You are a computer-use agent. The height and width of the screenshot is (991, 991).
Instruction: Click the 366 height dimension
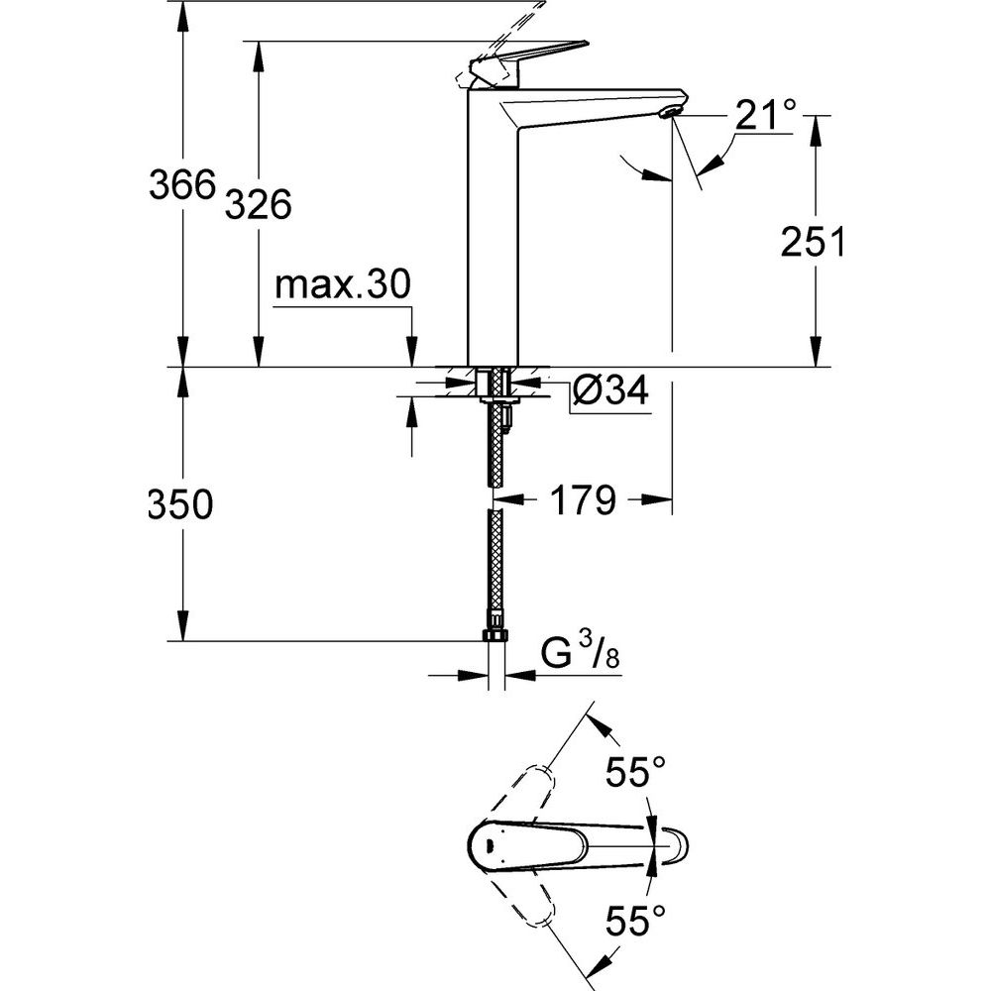181,185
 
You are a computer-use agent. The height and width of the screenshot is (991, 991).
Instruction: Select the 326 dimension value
257,205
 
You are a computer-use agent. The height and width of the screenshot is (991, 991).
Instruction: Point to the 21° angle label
764,118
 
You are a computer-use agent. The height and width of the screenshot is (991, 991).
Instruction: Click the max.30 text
341,286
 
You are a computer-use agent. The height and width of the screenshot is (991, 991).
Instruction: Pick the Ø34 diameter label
609,392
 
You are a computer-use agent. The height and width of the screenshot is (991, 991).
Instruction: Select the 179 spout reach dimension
580,501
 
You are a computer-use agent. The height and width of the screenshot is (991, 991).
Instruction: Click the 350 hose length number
180,505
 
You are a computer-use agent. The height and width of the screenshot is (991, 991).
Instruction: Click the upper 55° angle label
635,772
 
